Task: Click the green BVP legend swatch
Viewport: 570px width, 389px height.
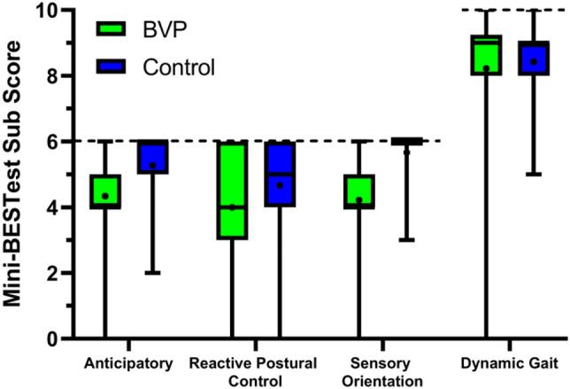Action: click(113, 32)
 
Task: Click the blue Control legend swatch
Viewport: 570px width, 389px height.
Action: click(113, 67)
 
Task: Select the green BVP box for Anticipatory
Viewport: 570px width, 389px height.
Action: click(104, 191)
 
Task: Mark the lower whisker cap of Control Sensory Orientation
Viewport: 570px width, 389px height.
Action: click(407, 240)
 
